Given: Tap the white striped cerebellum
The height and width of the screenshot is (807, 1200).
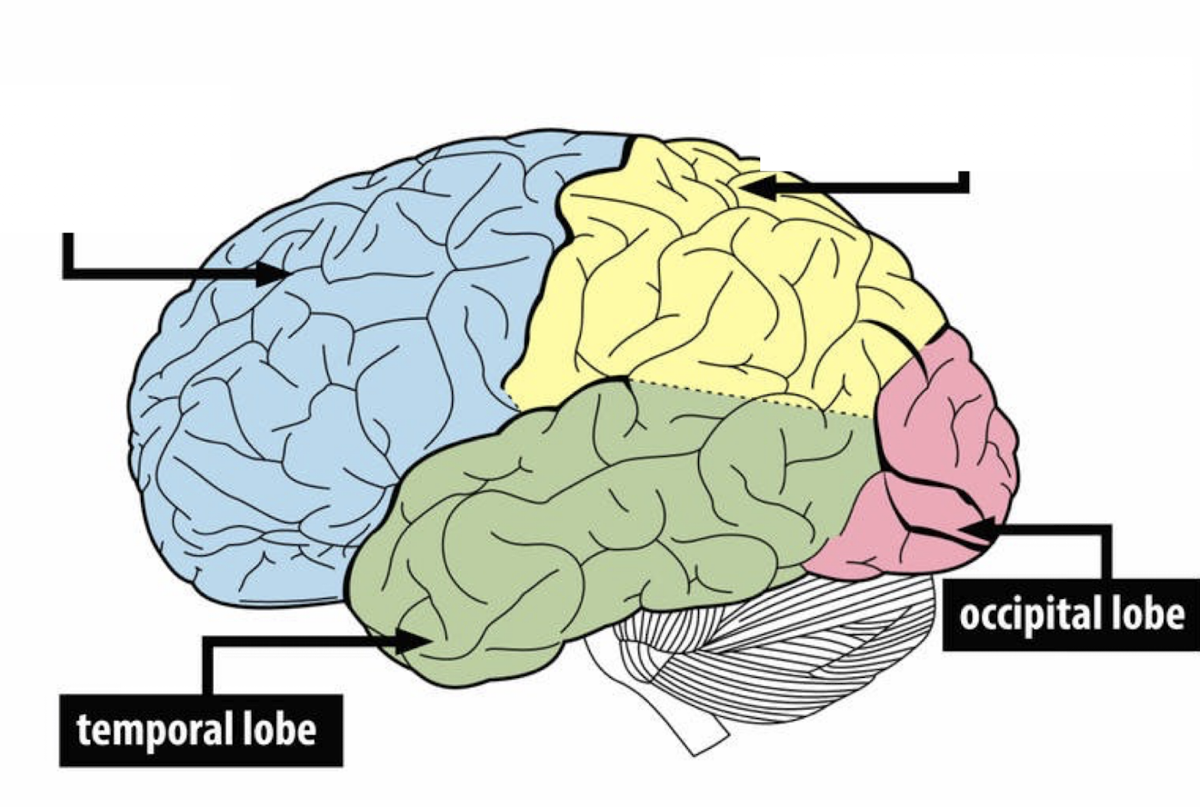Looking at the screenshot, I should [773, 654].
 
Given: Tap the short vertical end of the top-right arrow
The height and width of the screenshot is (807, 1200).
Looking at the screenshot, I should [965, 180].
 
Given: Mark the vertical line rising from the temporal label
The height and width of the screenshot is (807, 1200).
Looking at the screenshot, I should [208, 668].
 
